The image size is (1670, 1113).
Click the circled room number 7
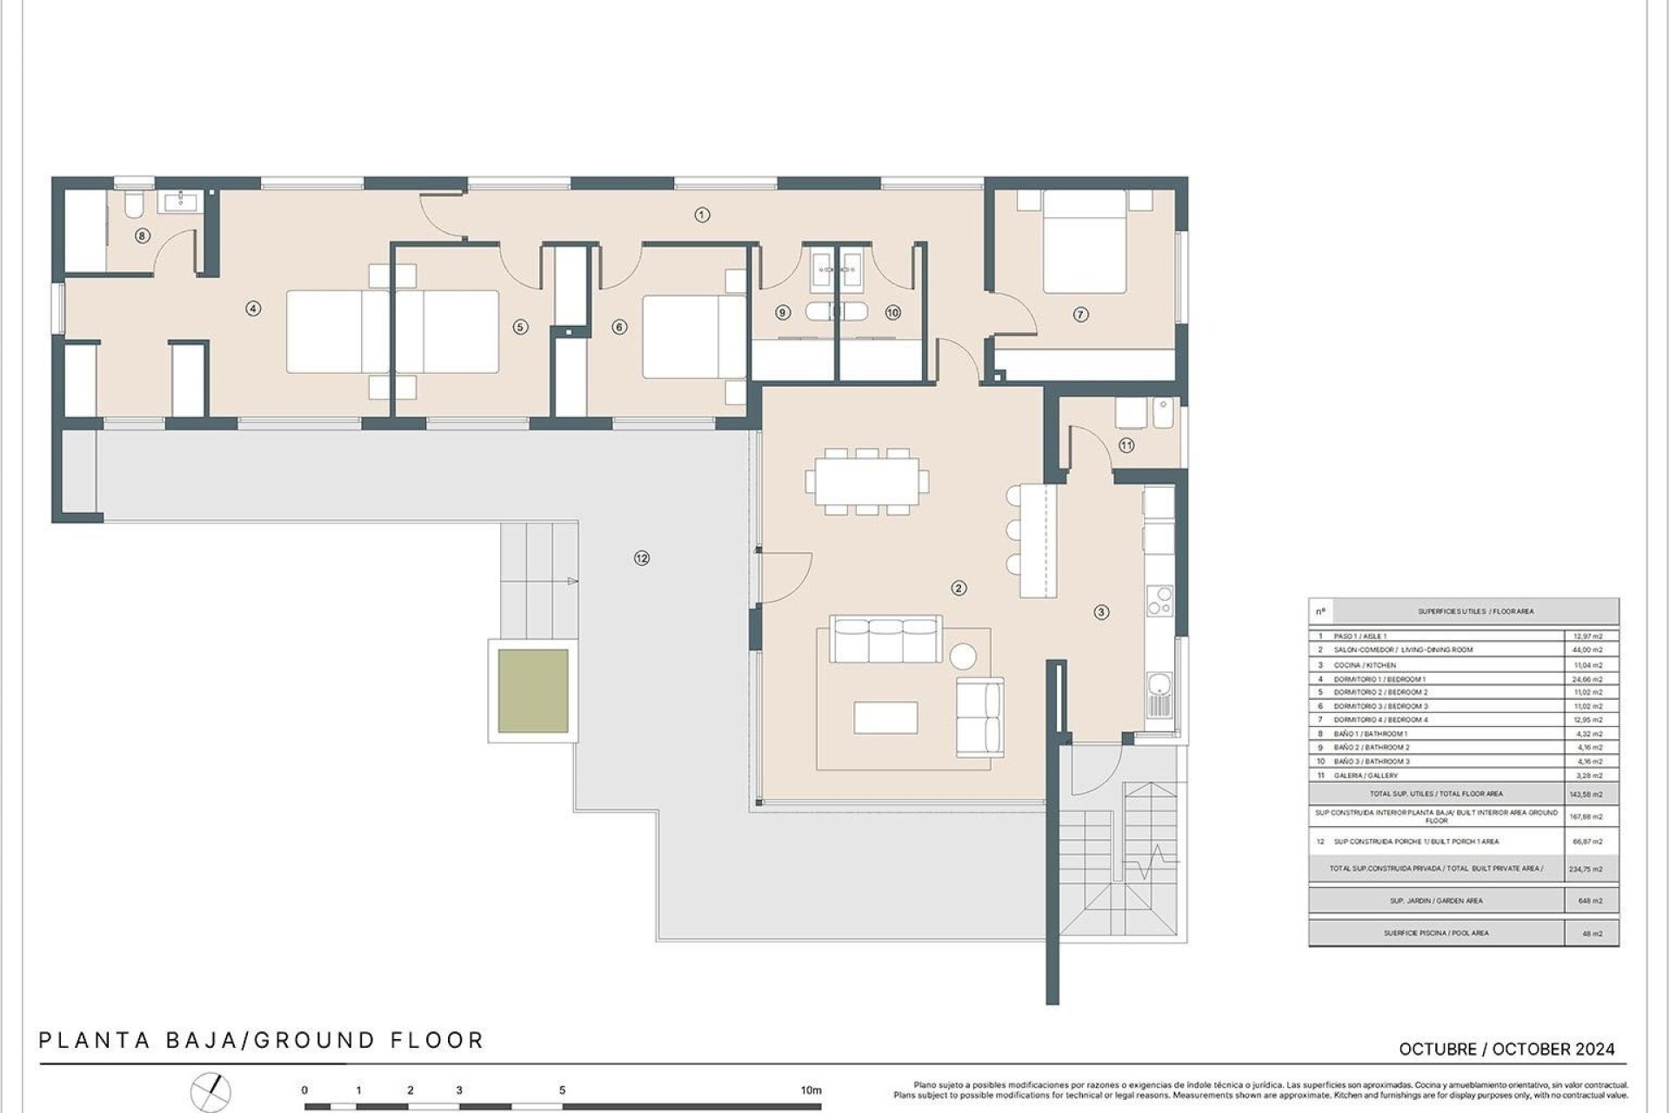coord(1080,315)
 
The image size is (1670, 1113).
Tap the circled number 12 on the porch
coord(642,558)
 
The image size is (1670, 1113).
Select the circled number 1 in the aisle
coord(703,215)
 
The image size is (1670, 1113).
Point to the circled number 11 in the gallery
coord(1126,445)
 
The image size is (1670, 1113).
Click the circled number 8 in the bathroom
coord(143,236)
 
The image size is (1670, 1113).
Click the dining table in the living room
coord(867,481)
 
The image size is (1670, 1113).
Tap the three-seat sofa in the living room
coord(885,641)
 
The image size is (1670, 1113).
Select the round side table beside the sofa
coord(962,655)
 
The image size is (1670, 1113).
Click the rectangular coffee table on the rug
coord(885,717)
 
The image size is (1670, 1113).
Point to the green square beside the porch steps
coord(533,691)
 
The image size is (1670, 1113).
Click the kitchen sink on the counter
coord(1159,695)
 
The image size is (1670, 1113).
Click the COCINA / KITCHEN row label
coord(1365,665)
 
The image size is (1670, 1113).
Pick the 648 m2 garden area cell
coord(1589,901)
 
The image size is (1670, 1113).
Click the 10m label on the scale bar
coord(811,1090)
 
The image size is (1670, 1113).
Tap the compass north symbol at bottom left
coord(211,1090)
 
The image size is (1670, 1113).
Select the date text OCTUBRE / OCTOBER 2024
coord(1506,1050)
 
